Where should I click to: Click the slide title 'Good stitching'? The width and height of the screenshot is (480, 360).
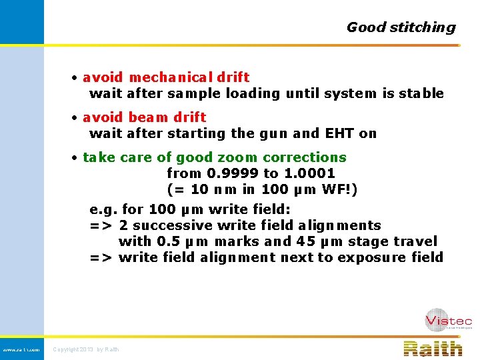click(x=401, y=27)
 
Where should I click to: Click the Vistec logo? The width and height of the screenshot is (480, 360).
click(x=448, y=320)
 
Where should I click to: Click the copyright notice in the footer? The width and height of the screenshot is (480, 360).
click(x=86, y=349)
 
